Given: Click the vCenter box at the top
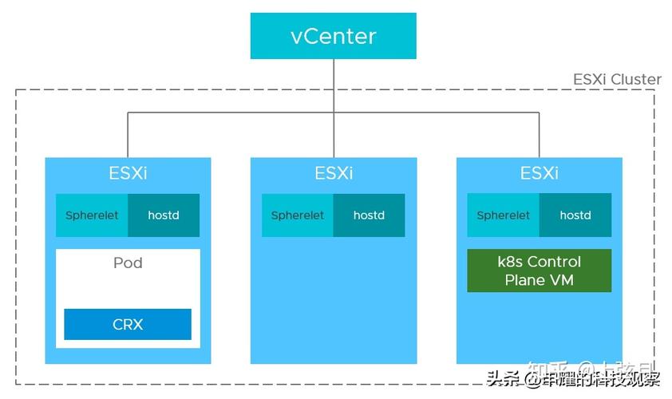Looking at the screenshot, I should pos(333,36).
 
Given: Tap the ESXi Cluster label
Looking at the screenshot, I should pos(617,79).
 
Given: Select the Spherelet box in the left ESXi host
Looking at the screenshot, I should pos(92,215).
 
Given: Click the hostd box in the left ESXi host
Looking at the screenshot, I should pos(164,215).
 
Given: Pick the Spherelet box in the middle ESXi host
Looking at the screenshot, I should pos(298,215).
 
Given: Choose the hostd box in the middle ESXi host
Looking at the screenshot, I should pos(369,215).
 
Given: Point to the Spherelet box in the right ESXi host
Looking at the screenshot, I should pos(504,215).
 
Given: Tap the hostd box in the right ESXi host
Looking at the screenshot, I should pos(575,215).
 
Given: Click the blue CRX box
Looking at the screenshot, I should pos(128,324).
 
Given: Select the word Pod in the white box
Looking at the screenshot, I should pos(128,263).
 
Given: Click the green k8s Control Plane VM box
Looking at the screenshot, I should pos(539,271).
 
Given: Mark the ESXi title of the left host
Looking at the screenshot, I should pos(128,173).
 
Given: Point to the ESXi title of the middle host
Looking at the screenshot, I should pos(334,173).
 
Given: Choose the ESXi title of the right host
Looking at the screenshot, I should pos(540,173).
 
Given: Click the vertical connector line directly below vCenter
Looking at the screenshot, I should pos(334,84).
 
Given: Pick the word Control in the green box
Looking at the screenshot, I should pos(554,262).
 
